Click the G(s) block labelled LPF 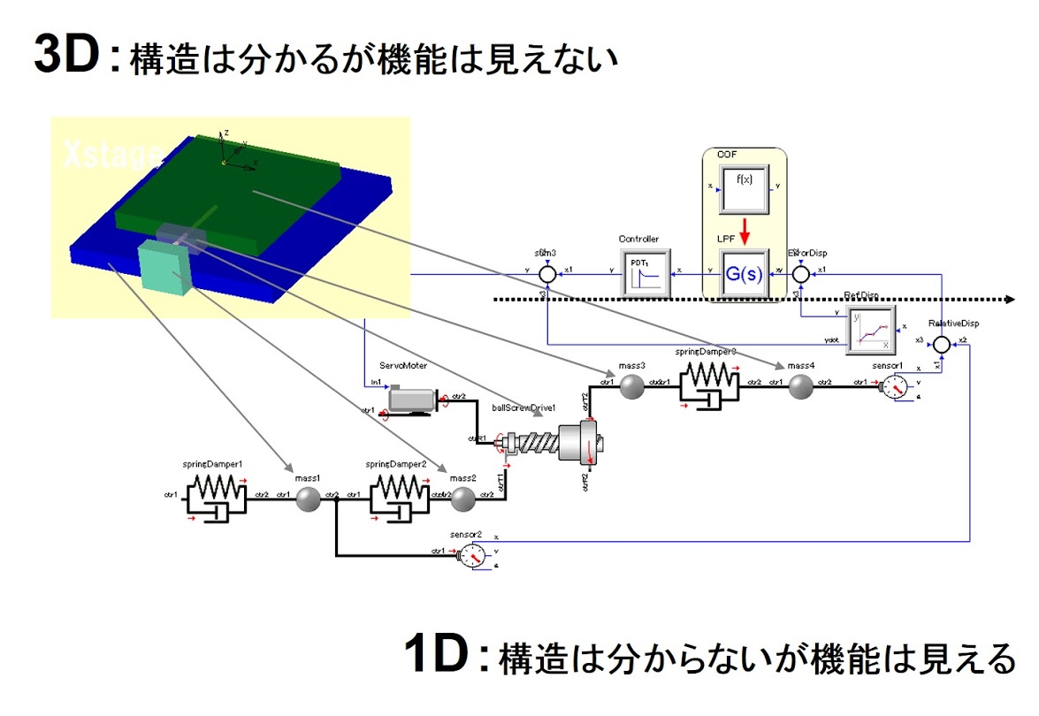743,274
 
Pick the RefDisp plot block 871,330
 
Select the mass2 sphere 462,500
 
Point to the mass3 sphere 630,387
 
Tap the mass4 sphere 800,387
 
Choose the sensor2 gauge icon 473,555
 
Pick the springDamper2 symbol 396,499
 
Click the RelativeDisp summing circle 941,344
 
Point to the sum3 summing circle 548,275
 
